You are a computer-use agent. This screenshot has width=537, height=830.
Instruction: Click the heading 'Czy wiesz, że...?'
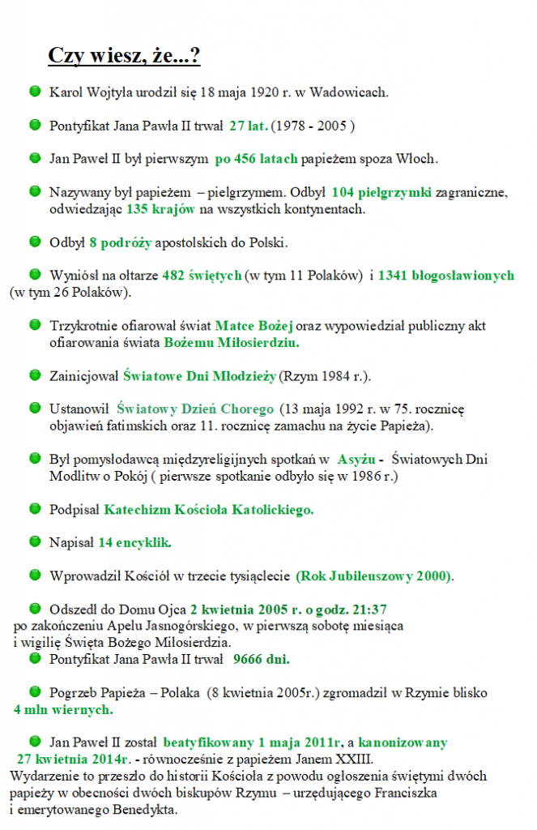[x=124, y=56]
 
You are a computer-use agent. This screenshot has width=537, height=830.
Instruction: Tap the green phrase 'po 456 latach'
[x=256, y=160]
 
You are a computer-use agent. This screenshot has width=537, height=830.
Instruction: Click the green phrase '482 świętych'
[x=202, y=276]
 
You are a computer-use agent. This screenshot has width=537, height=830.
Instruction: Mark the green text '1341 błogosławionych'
[x=445, y=276]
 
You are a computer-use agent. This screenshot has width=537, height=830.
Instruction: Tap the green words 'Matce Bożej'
[x=254, y=326]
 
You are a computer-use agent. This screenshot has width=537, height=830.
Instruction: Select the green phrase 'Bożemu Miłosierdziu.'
[x=231, y=342]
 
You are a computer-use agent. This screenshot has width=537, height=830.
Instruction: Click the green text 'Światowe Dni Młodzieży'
[x=200, y=376]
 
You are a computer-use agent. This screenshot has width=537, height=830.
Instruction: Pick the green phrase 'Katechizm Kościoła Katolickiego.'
[x=208, y=510]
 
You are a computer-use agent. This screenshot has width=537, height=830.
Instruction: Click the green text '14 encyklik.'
[x=134, y=542]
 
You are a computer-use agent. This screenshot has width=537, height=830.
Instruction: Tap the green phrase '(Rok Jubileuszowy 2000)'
[x=373, y=576]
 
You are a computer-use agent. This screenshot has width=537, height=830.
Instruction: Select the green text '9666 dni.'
[x=261, y=660]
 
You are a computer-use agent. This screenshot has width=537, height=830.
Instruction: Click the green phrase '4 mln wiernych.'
[x=63, y=710]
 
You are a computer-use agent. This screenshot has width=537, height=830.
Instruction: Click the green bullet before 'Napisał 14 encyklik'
[x=35, y=541]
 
